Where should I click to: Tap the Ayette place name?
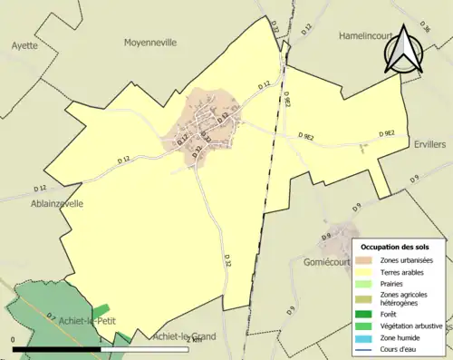[26, 44]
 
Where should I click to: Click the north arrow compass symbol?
[404, 49]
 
